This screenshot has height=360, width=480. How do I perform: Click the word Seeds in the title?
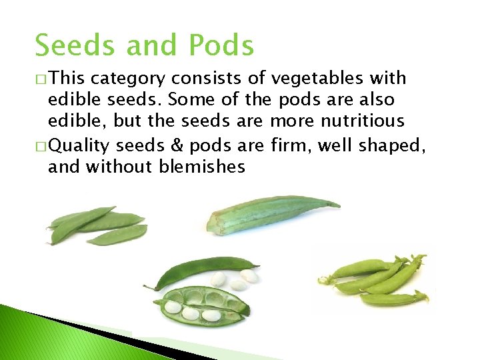pos(73,46)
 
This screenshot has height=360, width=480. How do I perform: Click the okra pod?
pos(267,215)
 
